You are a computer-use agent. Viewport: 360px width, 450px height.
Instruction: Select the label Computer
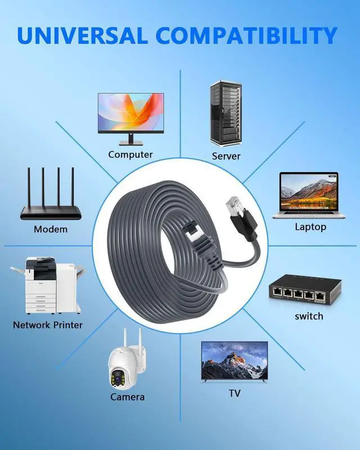[x=130, y=155]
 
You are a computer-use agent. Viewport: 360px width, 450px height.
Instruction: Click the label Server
[x=226, y=156]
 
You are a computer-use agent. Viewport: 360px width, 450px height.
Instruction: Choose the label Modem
[x=51, y=229]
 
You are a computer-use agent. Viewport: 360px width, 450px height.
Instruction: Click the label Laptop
[x=310, y=227]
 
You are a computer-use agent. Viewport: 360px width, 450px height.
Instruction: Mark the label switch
[x=309, y=316]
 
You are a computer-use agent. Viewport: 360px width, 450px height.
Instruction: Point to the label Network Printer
[x=48, y=325]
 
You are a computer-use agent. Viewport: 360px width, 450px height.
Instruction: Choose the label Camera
[x=127, y=397]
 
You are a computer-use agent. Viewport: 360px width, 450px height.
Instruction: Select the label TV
[x=234, y=393]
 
